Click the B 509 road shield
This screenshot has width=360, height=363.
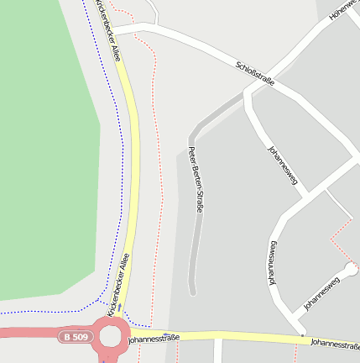tap(75, 337)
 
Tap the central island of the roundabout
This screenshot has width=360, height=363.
tap(111, 338)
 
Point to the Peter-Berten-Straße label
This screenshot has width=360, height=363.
tap(196, 179)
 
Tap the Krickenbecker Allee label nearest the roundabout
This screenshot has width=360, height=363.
tap(118, 285)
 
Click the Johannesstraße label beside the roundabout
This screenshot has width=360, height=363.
tap(154, 339)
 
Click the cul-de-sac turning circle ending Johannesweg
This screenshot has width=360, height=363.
tap(351, 269)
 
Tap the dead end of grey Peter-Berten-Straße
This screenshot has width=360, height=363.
tap(193, 292)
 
